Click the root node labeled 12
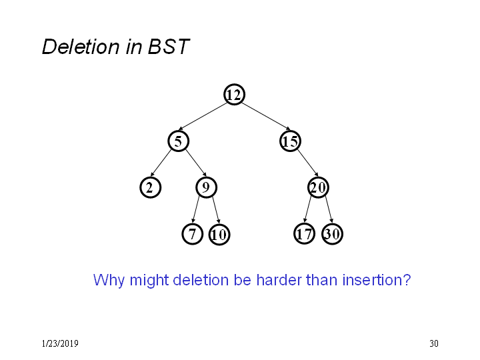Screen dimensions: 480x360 pos(234,95)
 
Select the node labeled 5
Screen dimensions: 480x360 pos(178,141)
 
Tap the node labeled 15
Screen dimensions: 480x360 pos(290,141)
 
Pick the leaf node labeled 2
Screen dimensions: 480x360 pos(150,187)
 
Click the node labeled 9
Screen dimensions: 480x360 pos(206,187)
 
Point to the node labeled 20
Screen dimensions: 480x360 pos(318,187)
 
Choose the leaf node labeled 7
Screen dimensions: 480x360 pos(192,234)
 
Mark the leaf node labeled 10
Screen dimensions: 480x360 pos(219,235)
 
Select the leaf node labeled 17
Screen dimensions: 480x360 pos(304,234)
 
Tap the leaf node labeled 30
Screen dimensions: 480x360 pos(332,234)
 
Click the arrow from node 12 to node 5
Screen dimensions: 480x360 pos(203,117)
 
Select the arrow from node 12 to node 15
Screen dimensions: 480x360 pos(266,116)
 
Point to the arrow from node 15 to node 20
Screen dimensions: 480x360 pos(307,163)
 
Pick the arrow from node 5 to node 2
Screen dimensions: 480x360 pos(161,163)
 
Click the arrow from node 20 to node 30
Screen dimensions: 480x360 pos(329,209)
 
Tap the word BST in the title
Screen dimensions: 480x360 pos(169,47)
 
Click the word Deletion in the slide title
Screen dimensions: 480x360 pos(81,47)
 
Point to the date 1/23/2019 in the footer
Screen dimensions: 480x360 pos(60,343)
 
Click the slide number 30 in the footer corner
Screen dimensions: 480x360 pos(434,343)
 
